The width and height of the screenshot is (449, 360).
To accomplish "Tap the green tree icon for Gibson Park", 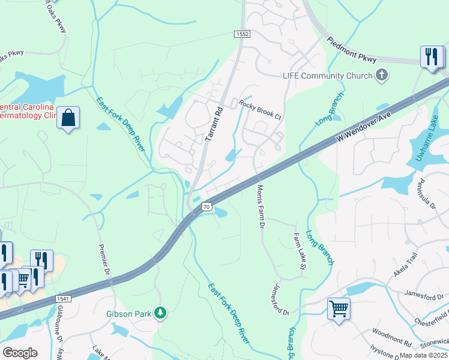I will point(160,313).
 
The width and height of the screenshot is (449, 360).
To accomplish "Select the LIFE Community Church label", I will point(327,76).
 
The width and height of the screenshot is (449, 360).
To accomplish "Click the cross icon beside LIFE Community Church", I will point(381,76).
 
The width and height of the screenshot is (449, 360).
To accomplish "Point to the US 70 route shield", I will point(206,206).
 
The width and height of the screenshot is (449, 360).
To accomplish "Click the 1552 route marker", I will point(241,35).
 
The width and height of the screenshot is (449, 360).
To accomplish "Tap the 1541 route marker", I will point(64,299).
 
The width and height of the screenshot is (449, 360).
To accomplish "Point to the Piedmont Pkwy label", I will point(352,50).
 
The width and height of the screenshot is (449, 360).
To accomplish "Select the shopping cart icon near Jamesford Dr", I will point(339,309).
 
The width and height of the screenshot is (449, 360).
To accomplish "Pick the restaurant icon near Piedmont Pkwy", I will point(430,57).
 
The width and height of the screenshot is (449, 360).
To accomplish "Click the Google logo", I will point(20,353).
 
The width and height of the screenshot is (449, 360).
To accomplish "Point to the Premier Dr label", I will point(103,259).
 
